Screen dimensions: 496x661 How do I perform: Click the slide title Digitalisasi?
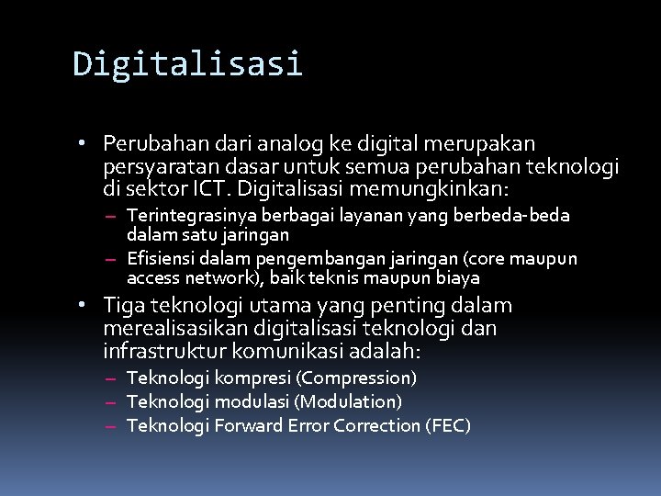pyautogui.click(x=187, y=64)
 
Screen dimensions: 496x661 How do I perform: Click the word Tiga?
pyautogui.click(x=125, y=305)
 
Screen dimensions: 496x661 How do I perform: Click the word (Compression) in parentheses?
pyautogui.click(x=358, y=378)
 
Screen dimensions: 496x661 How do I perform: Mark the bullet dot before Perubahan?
pyautogui.click(x=82, y=144)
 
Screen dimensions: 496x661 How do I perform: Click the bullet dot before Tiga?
pyautogui.click(x=82, y=305)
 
